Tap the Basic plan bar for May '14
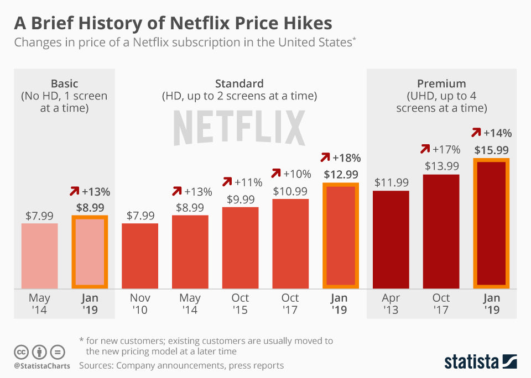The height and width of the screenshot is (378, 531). click(39, 255)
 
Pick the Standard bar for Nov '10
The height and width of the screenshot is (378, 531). click(140, 255)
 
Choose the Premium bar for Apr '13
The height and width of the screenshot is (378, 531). click(391, 239)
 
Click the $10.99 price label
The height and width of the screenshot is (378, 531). click(290, 191)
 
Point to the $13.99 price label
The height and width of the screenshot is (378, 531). click(441, 166)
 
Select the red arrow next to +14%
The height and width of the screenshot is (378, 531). click(475, 133)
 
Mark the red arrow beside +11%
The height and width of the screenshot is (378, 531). click(227, 182)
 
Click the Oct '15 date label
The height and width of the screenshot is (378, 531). click(240, 303)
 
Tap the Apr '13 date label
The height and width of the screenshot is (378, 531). click(391, 303)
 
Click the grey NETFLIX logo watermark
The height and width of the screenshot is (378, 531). click(239, 128)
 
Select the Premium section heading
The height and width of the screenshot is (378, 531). click(441, 84)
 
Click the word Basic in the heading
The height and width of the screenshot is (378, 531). click(64, 84)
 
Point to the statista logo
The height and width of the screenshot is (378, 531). click(480, 361)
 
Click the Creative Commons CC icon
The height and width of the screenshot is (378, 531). click(21, 351)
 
